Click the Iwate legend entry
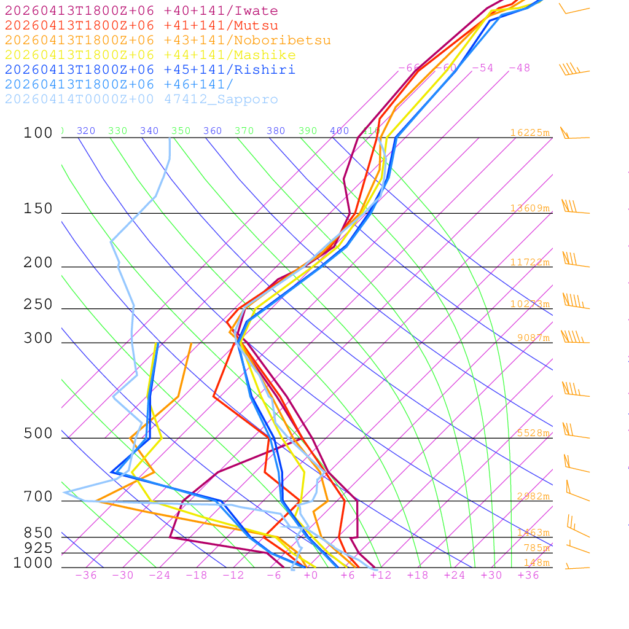pos(141,11)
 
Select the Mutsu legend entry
pos(141,26)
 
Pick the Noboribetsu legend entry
pos(168,41)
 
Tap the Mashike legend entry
pos(150,55)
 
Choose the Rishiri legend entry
pos(150,70)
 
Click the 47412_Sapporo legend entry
pos(141,100)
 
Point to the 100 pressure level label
pos(38,133)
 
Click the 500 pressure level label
pos(38,434)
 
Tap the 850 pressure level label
pos(38,533)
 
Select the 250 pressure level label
pos(38,305)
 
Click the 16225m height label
pos(529,133)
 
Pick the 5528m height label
pos(532,433)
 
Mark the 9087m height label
pos(532,338)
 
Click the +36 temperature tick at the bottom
pos(528,575)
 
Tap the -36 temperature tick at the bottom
pos(85,575)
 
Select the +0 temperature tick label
pos(311,575)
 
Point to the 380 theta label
pos(276,131)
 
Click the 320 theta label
pos(86,131)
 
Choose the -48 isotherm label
pos(519,68)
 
